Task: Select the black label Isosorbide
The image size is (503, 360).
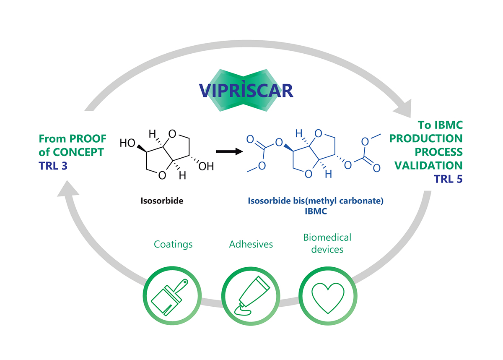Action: tap(162, 201)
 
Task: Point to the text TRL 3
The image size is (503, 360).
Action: tap(53, 166)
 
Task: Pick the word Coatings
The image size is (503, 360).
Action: tap(173, 244)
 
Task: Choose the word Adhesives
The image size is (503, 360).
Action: tap(251, 244)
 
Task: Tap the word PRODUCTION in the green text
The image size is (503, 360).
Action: tap(426, 138)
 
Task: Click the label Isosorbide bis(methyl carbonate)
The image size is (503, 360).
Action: tap(316, 201)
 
